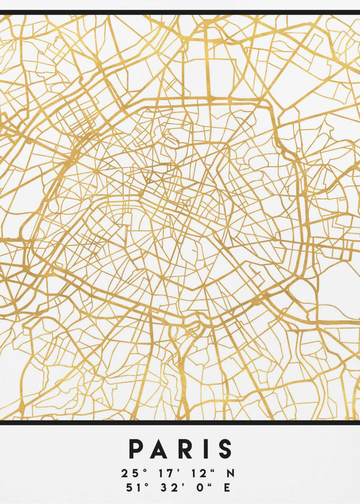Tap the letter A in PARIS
tap(158, 449)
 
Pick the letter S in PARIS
tap(224, 449)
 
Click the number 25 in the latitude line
tap(128, 474)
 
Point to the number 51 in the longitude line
tap(128, 488)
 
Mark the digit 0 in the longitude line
tap(200, 488)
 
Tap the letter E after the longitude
tap(227, 488)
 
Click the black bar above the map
tap(180, 12)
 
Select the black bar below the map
tap(180, 422)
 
